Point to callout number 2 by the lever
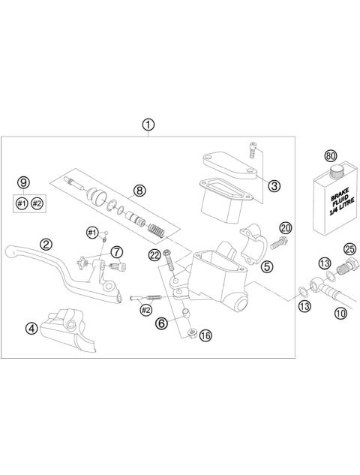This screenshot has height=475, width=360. click(46, 244)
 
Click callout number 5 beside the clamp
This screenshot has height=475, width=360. click(268, 266)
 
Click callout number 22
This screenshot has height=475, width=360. click(154, 255)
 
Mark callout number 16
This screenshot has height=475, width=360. click(205, 336)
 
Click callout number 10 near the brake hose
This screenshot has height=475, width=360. click(340, 314)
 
